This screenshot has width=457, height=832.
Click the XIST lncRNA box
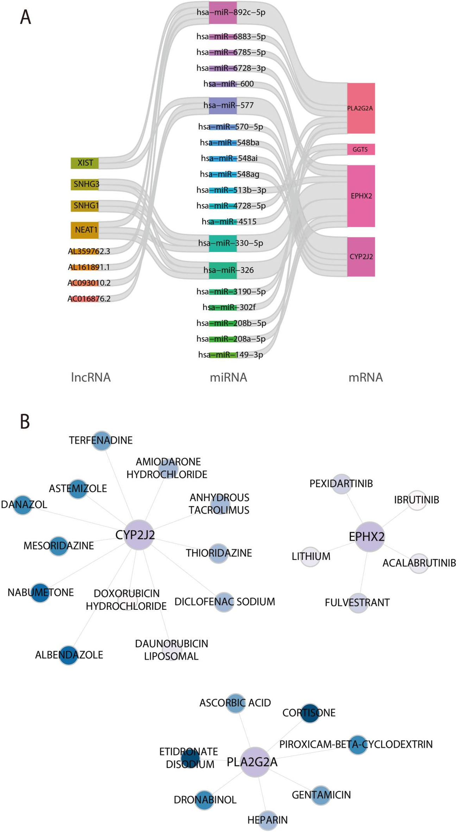point(84,163)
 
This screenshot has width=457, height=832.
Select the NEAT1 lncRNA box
point(84,230)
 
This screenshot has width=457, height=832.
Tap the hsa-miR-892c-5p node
point(223,13)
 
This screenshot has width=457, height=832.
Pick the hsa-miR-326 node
point(223,270)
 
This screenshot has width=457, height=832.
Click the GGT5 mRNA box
point(361,149)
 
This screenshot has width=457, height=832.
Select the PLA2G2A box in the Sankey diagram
point(361,108)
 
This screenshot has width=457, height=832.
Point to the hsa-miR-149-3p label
point(231,355)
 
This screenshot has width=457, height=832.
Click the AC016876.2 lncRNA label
point(89,299)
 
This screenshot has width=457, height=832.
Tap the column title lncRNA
point(91,377)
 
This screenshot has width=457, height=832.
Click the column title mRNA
point(365,377)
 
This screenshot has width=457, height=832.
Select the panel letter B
point(25,421)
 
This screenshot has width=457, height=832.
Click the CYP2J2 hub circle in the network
point(139,534)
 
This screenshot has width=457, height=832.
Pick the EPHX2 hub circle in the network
point(369,536)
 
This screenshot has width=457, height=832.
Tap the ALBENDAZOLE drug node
point(68,655)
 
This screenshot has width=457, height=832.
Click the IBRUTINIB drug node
point(417,500)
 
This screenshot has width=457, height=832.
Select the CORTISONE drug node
point(309,713)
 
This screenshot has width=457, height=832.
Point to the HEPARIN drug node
point(268,820)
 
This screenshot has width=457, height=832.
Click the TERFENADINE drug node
point(101,440)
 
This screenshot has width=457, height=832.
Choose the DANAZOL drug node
point(23,505)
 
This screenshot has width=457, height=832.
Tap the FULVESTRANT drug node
point(358,603)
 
